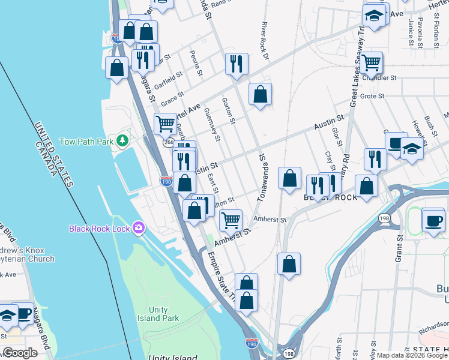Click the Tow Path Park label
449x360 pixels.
[86, 142]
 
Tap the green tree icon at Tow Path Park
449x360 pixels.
[122, 140]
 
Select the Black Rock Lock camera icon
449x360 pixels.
[139, 228]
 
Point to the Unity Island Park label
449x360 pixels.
[158, 314]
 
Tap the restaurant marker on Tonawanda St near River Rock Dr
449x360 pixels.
[237, 64]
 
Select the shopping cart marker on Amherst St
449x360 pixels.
[231, 220]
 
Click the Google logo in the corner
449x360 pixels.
[20, 353]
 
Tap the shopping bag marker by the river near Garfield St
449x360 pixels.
[116, 68]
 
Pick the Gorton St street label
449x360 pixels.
[227, 110]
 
